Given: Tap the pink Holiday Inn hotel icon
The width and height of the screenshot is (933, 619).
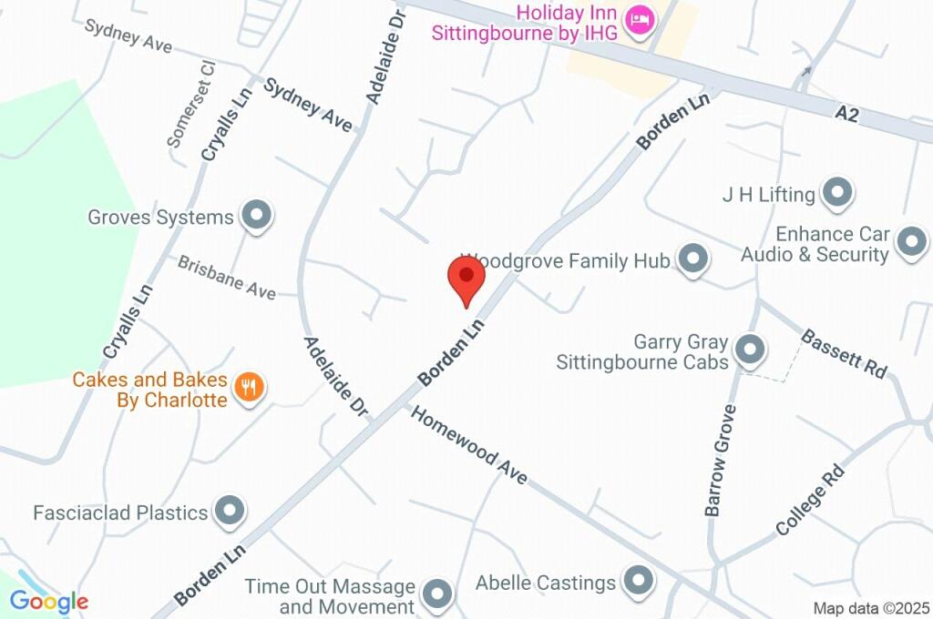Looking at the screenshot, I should [640, 20].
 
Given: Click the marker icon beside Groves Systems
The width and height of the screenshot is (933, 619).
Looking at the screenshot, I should [256, 217].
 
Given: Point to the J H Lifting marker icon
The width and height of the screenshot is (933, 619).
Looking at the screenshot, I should [836, 193].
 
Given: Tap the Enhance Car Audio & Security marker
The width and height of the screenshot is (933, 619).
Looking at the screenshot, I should [910, 242].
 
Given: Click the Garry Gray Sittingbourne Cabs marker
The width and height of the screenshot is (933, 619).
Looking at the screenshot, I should [750, 349].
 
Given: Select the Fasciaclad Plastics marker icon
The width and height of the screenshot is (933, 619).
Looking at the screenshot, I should [230, 512].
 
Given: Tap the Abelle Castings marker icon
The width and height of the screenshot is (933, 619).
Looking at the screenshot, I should [637, 579].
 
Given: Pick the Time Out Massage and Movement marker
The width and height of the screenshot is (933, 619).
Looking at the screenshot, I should [438, 594].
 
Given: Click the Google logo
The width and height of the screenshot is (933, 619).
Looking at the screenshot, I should [49, 602].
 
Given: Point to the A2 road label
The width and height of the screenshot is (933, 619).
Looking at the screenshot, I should [846, 114].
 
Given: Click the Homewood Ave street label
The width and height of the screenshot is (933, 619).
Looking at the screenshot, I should [469, 444].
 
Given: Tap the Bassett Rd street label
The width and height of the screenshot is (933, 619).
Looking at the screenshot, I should [844, 353].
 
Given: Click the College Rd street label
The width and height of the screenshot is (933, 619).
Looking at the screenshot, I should [810, 500].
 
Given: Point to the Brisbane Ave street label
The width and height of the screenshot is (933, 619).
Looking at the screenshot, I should [227, 277].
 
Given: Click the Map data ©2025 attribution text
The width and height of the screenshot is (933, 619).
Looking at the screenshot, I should [871, 608].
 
